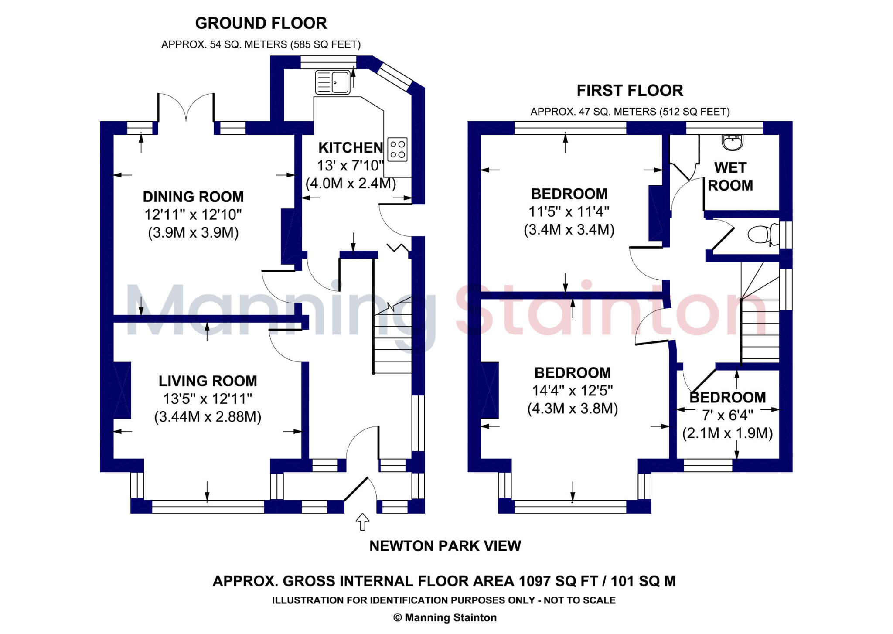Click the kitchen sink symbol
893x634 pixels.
click(x=333, y=82)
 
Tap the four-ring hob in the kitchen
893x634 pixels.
click(x=397, y=149)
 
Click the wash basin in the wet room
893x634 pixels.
click(x=733, y=142)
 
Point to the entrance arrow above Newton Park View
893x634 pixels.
click(x=362, y=522)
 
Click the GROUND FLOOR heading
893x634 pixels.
click(x=261, y=23)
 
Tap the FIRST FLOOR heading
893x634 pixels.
click(x=630, y=91)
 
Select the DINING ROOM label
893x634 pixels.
click(x=193, y=197)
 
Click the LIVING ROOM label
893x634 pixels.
click(x=208, y=381)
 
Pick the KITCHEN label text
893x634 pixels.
click(x=351, y=148)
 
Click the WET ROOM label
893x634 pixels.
click(x=730, y=177)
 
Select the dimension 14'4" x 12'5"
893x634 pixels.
click(x=572, y=391)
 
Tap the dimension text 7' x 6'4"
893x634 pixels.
click(x=727, y=415)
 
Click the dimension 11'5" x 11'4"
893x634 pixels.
click(x=569, y=211)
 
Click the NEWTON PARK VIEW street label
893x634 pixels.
click(x=445, y=546)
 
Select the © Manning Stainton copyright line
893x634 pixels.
click(x=445, y=617)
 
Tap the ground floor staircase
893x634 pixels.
click(x=392, y=336)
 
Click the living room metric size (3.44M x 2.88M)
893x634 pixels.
click(x=208, y=417)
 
